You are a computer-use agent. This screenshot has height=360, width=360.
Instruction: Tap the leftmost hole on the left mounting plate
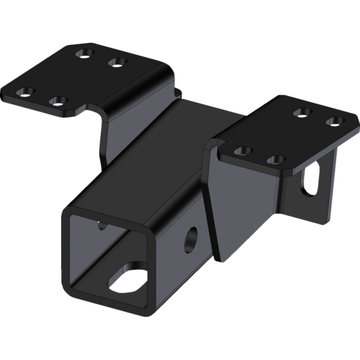click(25, 92)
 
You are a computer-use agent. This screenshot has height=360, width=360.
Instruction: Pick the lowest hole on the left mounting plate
click(58, 101)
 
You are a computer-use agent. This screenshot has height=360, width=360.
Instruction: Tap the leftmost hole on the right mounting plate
click(242, 151)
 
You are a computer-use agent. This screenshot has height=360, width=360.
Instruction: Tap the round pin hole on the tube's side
click(191, 237)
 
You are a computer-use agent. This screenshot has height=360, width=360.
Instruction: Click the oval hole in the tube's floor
click(129, 277)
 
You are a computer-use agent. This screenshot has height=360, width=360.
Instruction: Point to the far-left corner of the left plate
click(5, 96)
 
